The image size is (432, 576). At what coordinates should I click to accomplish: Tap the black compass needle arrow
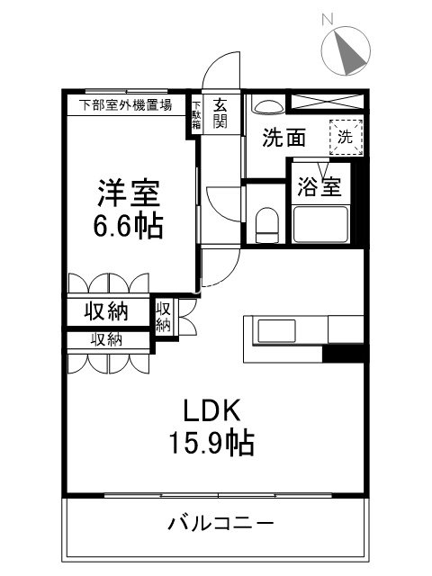352,53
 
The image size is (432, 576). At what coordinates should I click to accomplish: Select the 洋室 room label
130,193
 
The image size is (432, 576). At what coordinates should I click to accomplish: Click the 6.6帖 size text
130,226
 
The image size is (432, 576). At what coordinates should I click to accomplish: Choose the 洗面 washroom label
284,138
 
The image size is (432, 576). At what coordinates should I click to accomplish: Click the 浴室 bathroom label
319,188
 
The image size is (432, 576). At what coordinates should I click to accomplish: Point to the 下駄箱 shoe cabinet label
196,114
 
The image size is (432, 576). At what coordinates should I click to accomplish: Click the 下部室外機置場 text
127,104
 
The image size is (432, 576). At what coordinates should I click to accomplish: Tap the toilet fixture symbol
266,225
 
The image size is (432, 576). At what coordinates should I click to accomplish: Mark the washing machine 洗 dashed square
346,137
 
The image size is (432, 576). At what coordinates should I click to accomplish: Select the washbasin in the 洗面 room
266,106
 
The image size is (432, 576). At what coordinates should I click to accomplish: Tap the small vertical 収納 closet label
163,317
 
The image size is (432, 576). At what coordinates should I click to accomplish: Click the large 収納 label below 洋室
105,311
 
